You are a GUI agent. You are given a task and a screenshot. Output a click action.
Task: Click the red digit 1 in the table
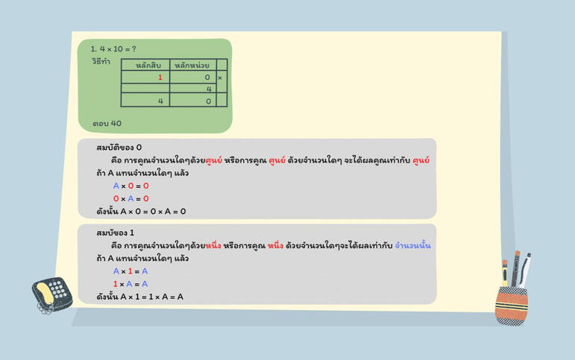[x=160, y=78]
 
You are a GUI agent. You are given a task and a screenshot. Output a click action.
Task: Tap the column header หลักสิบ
[x=148, y=66]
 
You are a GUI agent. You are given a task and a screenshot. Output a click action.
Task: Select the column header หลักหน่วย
[x=192, y=66]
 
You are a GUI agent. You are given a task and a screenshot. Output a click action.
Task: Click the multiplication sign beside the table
[x=220, y=78]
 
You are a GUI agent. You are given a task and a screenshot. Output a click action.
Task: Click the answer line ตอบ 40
[x=107, y=124]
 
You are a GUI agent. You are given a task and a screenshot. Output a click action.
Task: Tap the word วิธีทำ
[x=101, y=61]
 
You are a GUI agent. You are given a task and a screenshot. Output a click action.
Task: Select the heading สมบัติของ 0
[x=119, y=148]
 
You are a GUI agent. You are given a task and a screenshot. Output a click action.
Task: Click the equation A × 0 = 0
[x=131, y=186]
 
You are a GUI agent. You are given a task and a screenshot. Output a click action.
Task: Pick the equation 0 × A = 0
[x=131, y=199]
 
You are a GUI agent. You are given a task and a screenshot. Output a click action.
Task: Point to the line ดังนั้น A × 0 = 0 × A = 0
[x=141, y=212]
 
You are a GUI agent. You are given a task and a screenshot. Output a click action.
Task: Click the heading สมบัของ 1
[x=115, y=233]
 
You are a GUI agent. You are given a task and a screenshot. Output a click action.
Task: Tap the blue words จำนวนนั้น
[x=412, y=246]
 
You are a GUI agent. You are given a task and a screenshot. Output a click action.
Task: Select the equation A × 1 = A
[x=131, y=271]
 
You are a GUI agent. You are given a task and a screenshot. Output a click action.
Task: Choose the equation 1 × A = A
[x=131, y=284]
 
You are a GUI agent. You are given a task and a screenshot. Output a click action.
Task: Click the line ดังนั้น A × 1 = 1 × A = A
[x=139, y=297]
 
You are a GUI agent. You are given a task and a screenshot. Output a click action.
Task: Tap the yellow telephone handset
[x=45, y=294]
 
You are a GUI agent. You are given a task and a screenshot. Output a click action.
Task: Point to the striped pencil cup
[x=511, y=306]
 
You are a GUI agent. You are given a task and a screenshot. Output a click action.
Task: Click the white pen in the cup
[x=525, y=270]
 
